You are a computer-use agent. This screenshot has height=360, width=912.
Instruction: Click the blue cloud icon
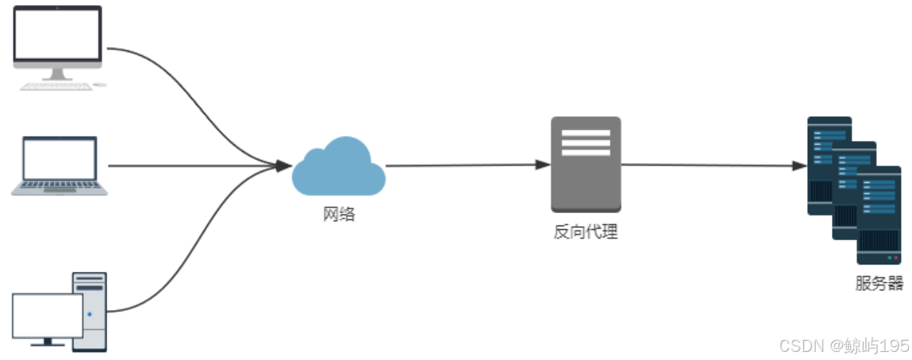(339, 168)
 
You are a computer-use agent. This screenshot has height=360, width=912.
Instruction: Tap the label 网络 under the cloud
(339, 215)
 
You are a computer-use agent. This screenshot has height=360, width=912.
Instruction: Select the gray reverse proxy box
(585, 165)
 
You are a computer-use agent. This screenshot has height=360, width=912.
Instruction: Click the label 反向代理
(585, 232)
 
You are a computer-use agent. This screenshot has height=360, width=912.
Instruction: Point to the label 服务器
(879, 284)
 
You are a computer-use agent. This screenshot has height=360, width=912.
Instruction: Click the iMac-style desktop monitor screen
(58, 34)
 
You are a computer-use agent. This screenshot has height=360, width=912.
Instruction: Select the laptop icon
(59, 166)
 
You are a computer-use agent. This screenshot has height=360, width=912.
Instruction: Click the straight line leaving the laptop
(191, 166)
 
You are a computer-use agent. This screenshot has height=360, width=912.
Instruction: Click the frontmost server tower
(878, 215)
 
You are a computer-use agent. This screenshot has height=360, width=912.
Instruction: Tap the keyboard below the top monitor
(57, 86)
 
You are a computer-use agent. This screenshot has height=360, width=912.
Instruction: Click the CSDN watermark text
(844, 345)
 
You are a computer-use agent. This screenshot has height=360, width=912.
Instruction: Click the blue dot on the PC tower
(90, 314)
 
